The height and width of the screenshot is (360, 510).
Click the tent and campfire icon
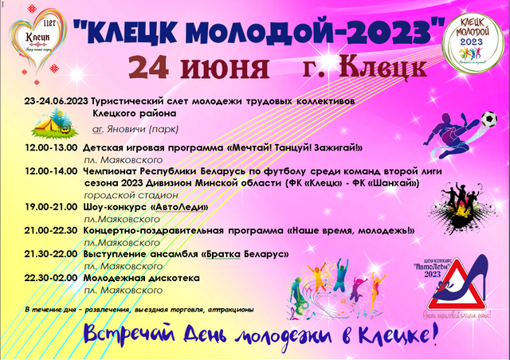tap(49, 124)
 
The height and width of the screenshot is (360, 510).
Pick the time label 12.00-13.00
tap(51, 148)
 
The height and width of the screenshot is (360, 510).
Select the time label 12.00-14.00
tap(51, 171)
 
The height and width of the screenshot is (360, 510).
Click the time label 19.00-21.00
tap(51, 206)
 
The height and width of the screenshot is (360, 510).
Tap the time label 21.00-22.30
tap(51, 230)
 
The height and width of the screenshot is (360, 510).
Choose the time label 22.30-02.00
tap(51, 279)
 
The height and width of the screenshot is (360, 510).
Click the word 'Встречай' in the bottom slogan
tap(127, 334)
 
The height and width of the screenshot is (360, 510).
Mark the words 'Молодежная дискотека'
tap(139, 279)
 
